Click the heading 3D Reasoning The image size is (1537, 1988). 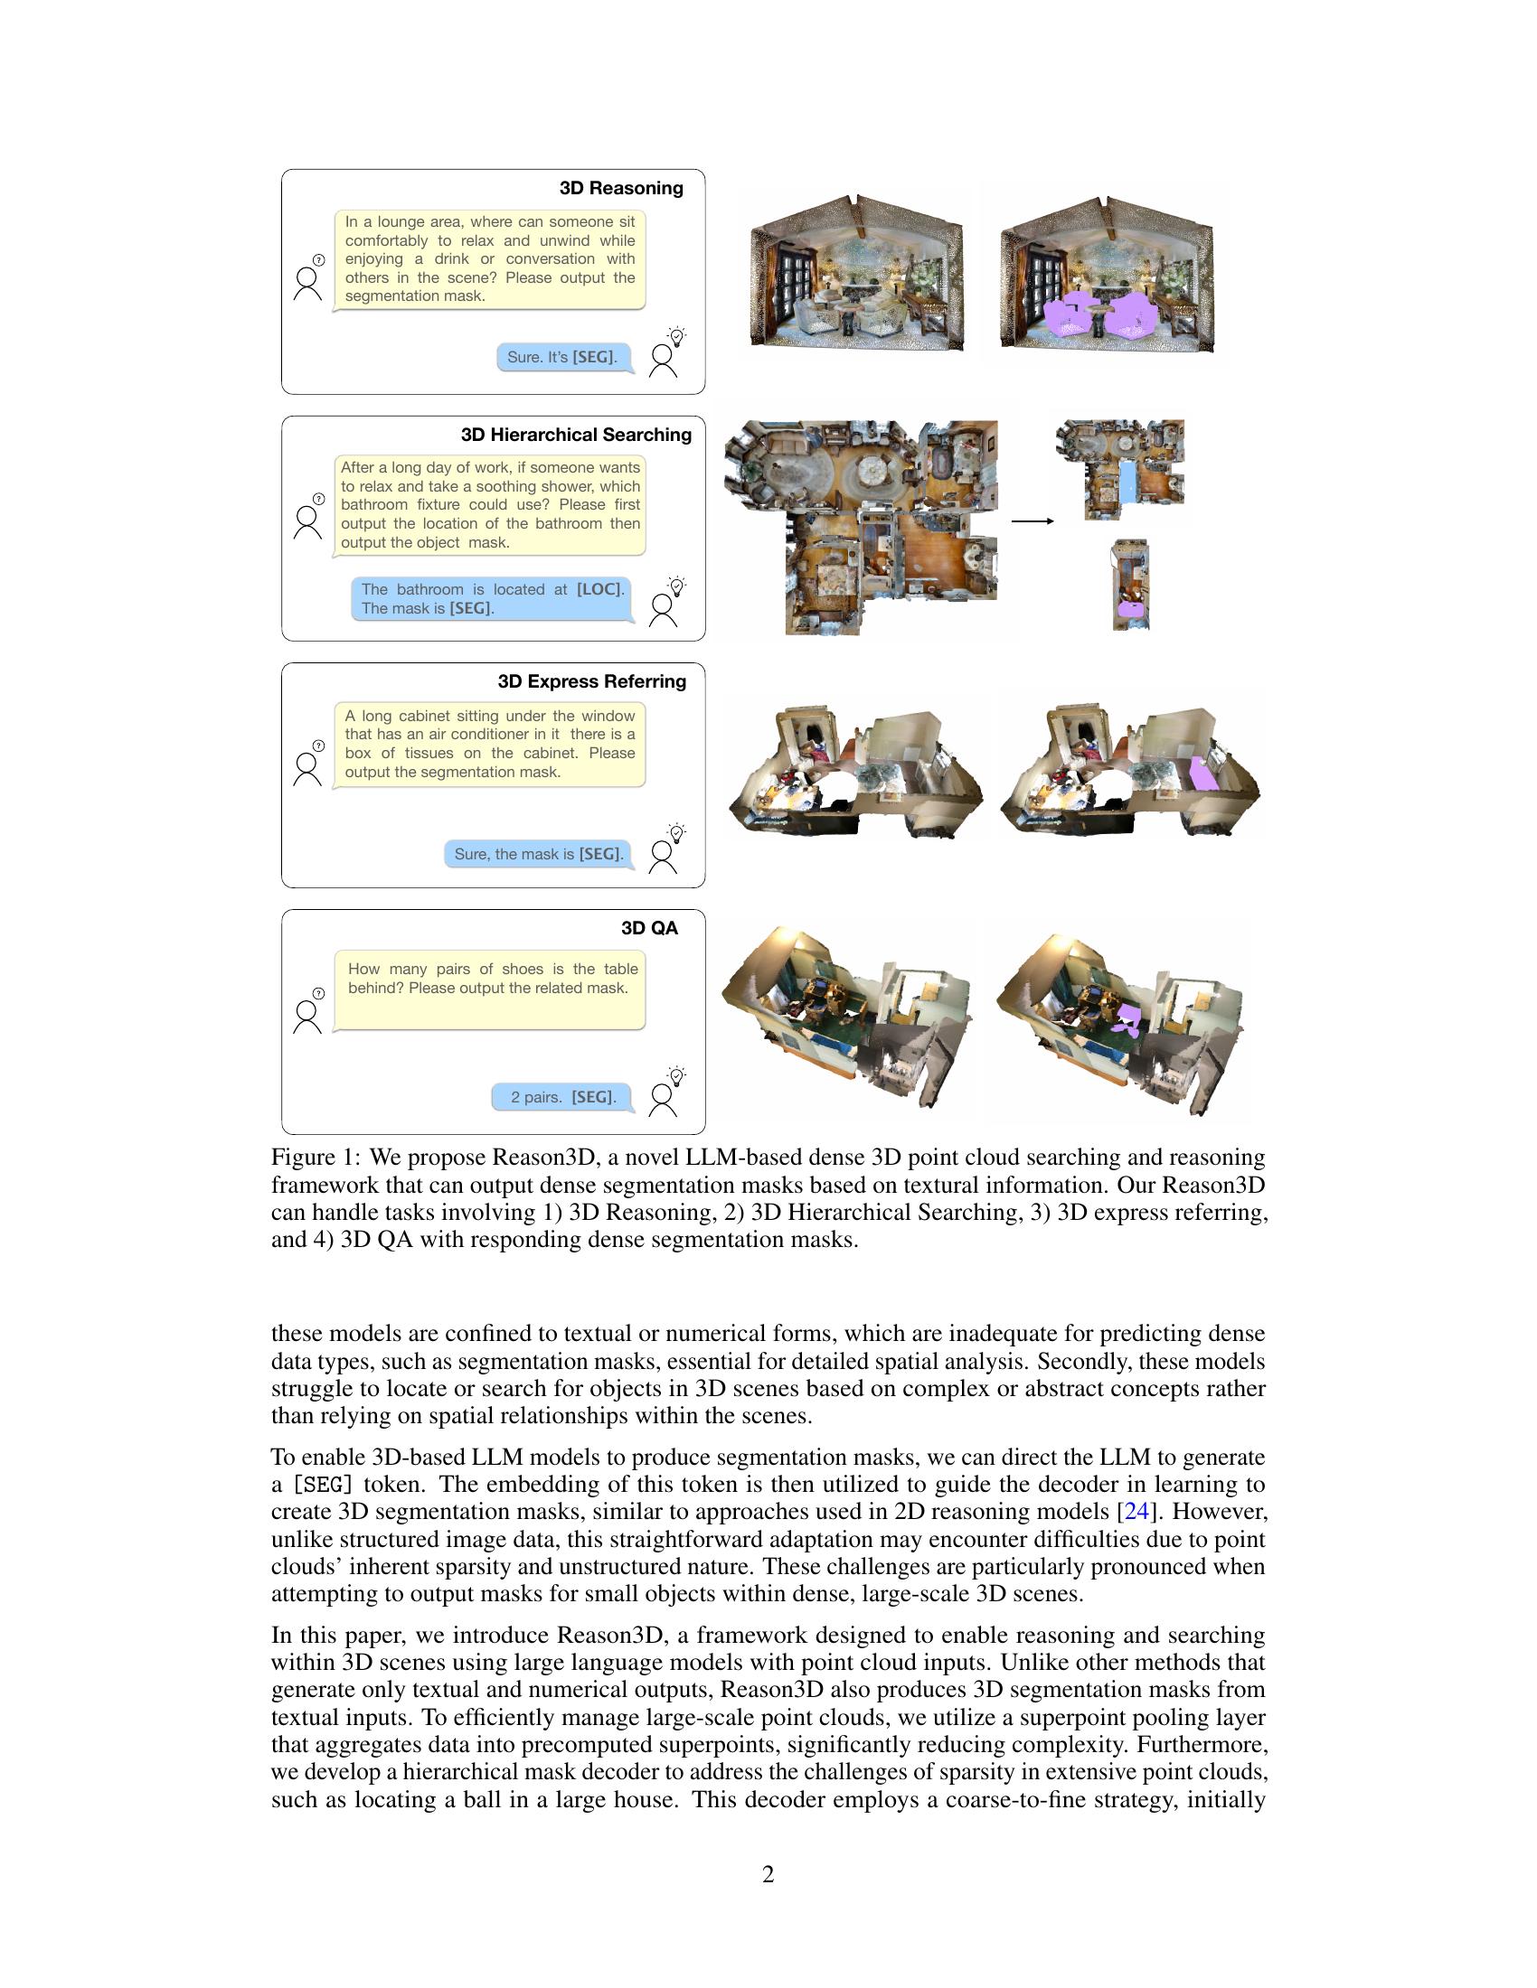(x=621, y=189)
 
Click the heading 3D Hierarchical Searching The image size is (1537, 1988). (x=575, y=436)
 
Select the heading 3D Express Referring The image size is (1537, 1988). (x=592, y=681)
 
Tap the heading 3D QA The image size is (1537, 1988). (x=649, y=928)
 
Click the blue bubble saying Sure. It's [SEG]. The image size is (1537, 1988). (x=563, y=358)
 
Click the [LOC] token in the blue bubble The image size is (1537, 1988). (x=600, y=590)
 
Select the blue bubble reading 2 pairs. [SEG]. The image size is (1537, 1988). (x=562, y=1098)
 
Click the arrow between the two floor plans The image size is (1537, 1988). (x=1033, y=520)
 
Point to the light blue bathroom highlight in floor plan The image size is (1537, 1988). (x=1127, y=482)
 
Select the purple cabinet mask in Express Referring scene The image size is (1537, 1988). (x=1203, y=773)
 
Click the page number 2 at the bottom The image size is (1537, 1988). (x=768, y=1874)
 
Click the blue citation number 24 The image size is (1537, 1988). (x=1136, y=1512)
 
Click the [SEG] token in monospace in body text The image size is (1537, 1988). (x=323, y=1485)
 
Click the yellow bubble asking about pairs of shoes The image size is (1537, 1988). (x=489, y=990)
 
